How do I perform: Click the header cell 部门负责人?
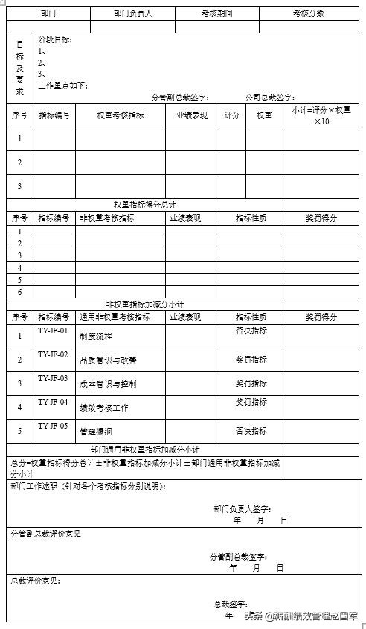pos(133,14)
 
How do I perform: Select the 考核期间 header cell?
pos(216,14)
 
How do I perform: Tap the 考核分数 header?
pos(309,14)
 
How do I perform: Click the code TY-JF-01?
pos(53,331)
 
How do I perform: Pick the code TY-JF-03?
pos(53,378)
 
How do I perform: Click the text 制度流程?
pos(97,336)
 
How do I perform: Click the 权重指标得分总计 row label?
pos(145,205)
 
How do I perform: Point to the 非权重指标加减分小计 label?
pos(145,304)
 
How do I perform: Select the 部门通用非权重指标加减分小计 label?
pos(145,450)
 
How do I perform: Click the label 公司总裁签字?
pos(270,98)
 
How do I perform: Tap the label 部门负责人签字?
pos(242,509)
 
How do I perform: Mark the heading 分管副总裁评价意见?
pos(45,534)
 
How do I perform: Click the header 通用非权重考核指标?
pos(115,317)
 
